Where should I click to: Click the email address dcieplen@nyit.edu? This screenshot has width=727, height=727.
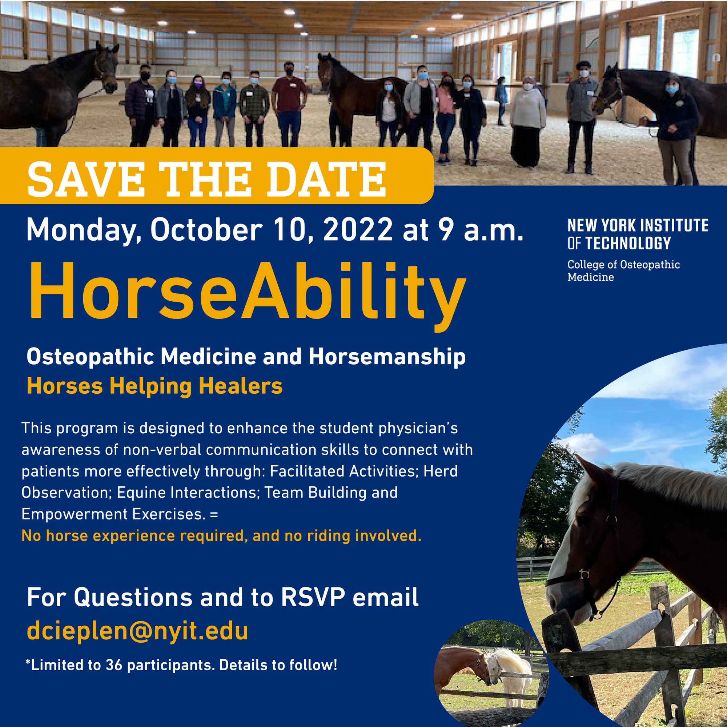137,632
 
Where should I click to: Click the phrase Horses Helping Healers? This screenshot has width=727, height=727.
154,387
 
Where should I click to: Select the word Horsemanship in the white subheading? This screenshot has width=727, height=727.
386,357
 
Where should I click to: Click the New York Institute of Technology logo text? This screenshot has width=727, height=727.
638,235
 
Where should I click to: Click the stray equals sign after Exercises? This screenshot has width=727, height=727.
214,514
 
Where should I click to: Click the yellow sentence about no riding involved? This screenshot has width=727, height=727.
221,536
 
